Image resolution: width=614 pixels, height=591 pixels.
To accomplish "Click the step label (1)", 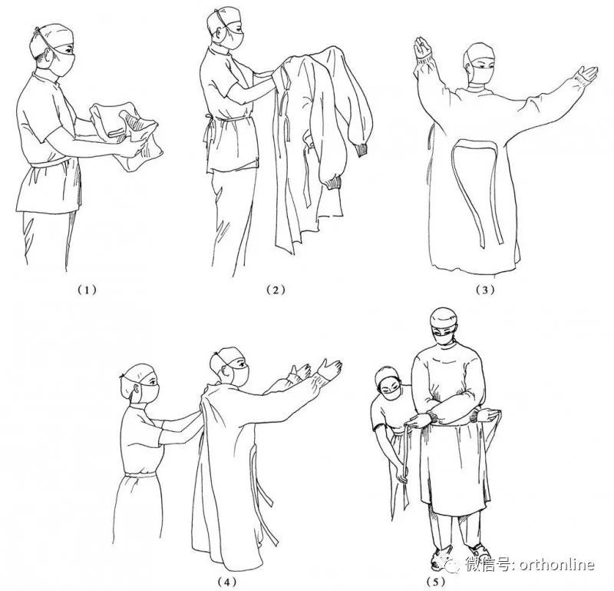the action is (86, 290).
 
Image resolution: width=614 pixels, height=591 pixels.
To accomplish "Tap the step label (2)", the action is (276, 290).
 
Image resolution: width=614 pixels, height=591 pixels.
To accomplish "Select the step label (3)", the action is (485, 290).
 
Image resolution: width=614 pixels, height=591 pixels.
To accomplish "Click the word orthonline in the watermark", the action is (557, 565).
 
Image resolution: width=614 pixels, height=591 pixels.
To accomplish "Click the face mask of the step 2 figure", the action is (234, 40).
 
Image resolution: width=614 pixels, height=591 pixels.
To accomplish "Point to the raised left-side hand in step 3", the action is (422, 47).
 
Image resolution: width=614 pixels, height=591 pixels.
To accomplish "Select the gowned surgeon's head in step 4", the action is (230, 367).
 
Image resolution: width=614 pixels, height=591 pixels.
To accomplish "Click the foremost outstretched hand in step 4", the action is (330, 369).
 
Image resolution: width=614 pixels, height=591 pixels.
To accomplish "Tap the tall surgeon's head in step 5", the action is (444, 327).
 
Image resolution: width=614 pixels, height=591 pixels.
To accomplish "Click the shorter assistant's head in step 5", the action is (389, 383).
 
